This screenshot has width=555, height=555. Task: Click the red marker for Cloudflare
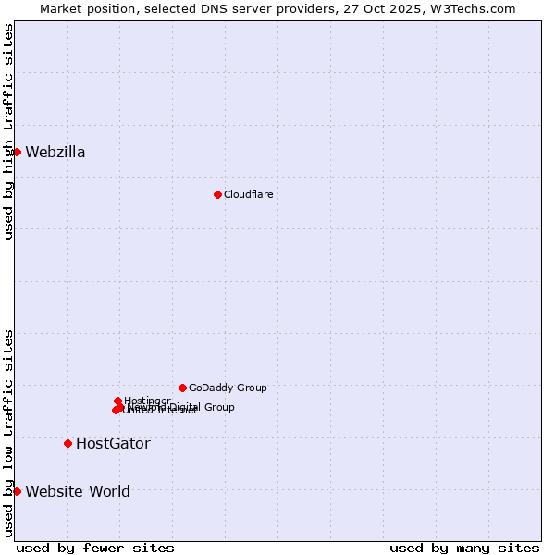[217, 194]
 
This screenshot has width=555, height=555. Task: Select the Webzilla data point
[17, 152]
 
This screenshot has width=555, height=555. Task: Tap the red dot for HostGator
[68, 443]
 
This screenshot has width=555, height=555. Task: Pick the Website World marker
[17, 491]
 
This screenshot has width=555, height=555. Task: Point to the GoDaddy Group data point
[182, 388]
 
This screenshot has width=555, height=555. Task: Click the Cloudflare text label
[248, 194]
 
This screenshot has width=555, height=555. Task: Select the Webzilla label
[55, 153]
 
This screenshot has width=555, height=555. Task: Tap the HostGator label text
[113, 444]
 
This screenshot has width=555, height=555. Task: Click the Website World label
[78, 492]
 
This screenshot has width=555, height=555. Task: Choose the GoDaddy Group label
[228, 388]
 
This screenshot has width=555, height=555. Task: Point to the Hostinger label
[147, 401]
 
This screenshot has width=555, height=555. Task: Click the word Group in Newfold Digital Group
[218, 407]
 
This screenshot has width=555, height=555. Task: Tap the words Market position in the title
[87, 8]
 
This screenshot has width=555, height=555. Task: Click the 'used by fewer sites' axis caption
[95, 549]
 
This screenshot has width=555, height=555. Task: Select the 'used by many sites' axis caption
[464, 549]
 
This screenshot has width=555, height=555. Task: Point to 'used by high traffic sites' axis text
[8, 131]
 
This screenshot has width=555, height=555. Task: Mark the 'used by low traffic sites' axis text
[8, 433]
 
